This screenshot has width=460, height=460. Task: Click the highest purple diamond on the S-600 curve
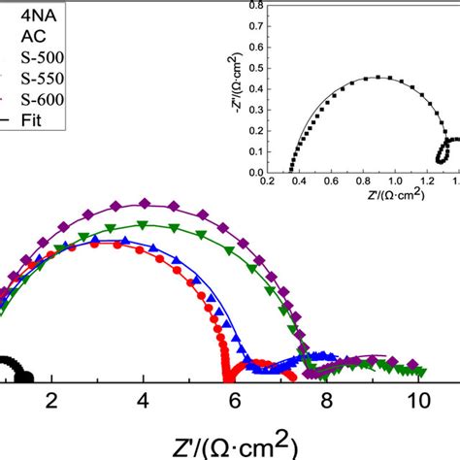[x=146, y=203]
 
